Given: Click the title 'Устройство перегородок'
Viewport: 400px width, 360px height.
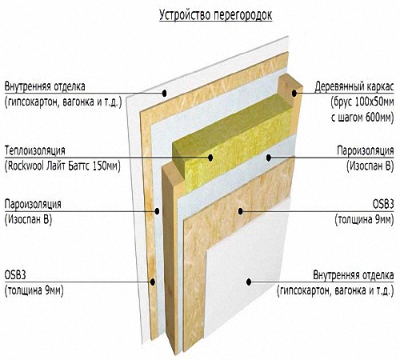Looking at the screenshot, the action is [x=216, y=15].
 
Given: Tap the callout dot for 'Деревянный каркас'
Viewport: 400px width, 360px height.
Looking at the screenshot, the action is [x=294, y=94].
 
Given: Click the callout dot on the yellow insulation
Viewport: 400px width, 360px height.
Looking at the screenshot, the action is [x=210, y=158].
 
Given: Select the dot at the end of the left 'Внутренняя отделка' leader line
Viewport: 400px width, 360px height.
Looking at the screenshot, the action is [x=164, y=93].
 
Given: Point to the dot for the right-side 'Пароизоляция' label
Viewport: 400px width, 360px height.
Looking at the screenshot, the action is [x=269, y=158].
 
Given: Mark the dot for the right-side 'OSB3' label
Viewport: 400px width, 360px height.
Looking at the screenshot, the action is [x=241, y=211].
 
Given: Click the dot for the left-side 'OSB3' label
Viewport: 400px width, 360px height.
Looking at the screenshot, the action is [x=153, y=282].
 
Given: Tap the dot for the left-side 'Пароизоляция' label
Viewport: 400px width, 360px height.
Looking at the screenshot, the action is [x=157, y=211].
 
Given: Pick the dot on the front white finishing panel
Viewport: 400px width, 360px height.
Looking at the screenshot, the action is [x=249, y=282].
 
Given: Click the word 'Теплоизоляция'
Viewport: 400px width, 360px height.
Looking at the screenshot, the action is [x=35, y=150].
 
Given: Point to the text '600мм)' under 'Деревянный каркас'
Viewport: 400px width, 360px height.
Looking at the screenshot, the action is [x=380, y=118].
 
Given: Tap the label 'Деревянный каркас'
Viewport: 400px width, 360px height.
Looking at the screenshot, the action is [x=354, y=87].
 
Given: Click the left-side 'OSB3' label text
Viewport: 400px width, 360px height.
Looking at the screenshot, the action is [x=15, y=275].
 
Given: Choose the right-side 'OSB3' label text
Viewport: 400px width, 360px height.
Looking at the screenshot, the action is [x=383, y=205].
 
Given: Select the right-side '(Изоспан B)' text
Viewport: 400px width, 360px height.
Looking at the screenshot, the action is [x=370, y=166].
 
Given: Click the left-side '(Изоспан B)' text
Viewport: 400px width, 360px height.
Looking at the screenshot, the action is [x=28, y=220].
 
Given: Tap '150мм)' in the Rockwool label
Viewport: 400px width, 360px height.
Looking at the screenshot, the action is [x=106, y=166].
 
